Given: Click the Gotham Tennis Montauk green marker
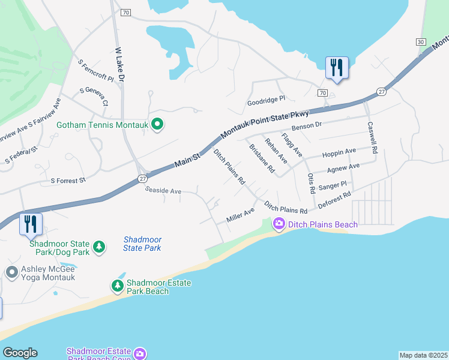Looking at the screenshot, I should coord(157,125).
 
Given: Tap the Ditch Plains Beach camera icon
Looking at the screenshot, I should coord(279,224).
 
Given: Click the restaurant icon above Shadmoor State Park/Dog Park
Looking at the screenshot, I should coord(31,224).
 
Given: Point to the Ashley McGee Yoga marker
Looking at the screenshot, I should coord(11,272).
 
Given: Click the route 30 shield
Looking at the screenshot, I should coord(420,41).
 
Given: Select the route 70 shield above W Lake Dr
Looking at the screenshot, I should coord(125,12).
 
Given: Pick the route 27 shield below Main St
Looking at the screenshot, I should coord(142,178).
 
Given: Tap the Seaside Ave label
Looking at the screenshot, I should coord(163,191).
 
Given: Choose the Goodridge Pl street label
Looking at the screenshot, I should coord(266,102).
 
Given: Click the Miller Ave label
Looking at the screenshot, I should coord(240,215).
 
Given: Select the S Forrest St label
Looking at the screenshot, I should coord(68,179).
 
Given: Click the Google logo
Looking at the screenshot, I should coord(20,353).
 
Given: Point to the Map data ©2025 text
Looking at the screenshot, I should coord(423,355).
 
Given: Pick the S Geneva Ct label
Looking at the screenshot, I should coord(94,97).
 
